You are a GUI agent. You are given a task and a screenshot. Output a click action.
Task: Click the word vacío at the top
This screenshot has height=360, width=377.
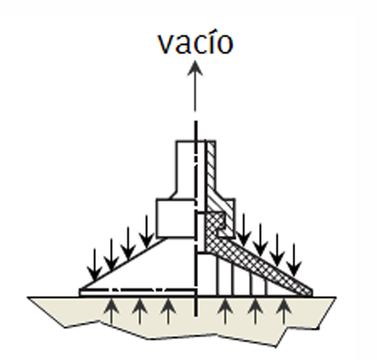point(195,42)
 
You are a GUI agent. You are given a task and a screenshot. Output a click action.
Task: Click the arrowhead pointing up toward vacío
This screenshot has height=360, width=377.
point(195,68)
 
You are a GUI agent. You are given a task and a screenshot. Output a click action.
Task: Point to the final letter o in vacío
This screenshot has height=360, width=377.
point(225,45)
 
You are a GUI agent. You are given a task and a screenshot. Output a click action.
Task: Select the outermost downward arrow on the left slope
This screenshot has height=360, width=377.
point(95,264)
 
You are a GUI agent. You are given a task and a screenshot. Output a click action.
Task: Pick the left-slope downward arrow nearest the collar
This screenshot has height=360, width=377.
point(146,232)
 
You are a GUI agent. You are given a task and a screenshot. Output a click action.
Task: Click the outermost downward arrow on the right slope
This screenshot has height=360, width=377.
point(294,260)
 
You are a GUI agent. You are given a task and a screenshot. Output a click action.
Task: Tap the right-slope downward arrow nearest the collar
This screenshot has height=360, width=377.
point(244,230)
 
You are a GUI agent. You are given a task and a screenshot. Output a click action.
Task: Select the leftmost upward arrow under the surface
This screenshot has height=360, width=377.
point(112,311)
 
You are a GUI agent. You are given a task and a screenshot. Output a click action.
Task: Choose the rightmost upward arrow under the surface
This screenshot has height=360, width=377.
point(284,311)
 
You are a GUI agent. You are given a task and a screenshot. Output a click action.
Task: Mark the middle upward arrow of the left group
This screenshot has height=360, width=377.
point(139,311)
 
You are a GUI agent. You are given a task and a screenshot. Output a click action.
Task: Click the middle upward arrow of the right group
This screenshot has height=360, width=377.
point(256,311)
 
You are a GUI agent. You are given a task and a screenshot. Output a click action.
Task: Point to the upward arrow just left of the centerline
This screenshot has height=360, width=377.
point(168,311)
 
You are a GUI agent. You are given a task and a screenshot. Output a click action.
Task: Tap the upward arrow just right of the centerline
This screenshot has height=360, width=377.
point(225,311)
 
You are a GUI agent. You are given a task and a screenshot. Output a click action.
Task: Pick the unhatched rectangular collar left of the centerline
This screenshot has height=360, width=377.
point(176,219)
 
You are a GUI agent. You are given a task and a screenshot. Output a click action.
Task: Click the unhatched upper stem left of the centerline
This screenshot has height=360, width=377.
point(186,170)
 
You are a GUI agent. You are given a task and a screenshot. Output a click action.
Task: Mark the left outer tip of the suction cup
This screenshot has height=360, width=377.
point(80,291)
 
